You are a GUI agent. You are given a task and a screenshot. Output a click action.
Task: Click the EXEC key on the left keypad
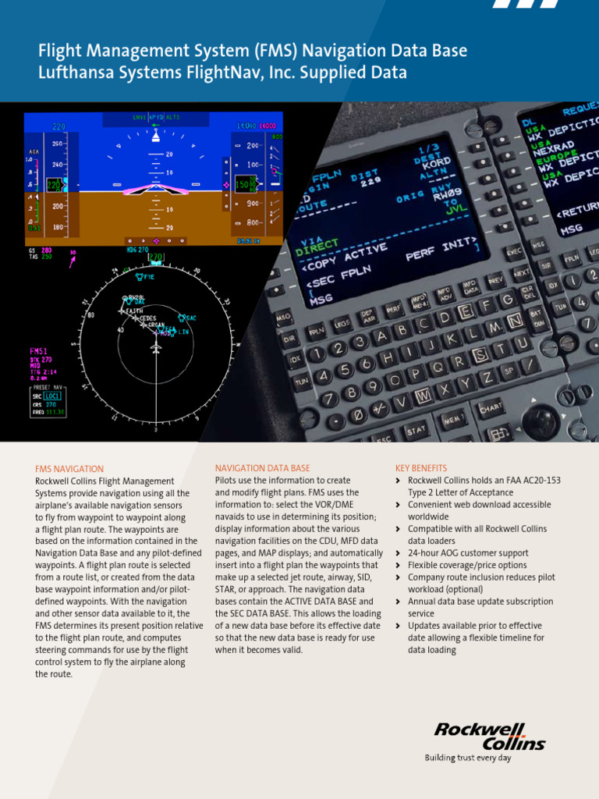[515, 251]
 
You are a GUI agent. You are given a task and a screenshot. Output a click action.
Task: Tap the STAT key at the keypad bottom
[416, 429]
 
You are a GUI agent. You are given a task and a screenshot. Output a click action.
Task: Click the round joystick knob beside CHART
[541, 421]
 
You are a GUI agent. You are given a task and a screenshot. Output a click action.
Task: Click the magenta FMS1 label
[40, 350]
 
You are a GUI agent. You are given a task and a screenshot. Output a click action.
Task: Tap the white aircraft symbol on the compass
[156, 349]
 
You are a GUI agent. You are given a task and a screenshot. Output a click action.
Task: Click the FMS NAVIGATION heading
[69, 469]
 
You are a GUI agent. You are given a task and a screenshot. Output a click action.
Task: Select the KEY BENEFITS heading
[421, 468]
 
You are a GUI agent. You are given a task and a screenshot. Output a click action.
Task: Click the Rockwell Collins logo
[490, 736]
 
